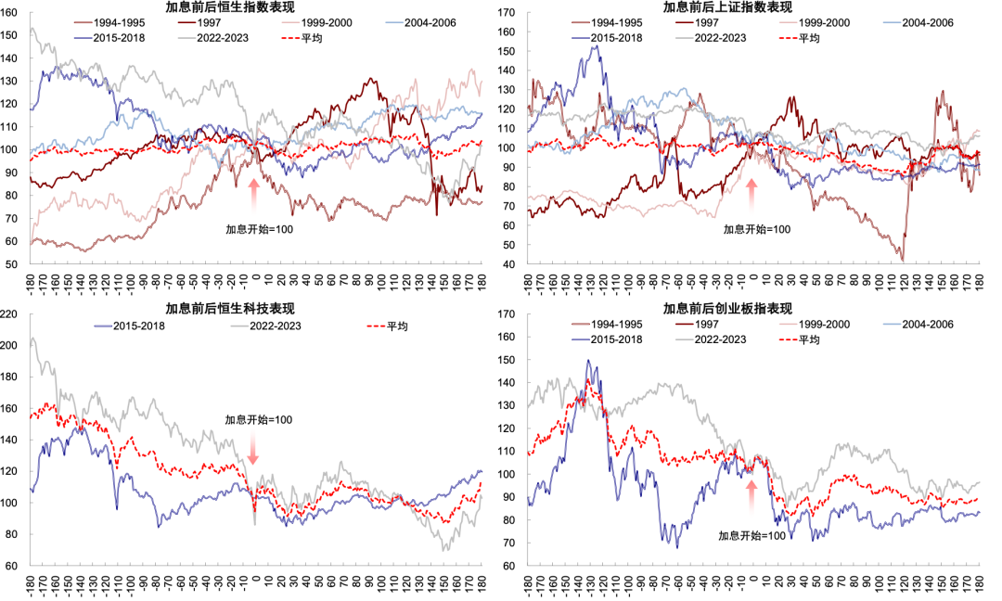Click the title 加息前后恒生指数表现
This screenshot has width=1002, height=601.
click(x=230, y=7)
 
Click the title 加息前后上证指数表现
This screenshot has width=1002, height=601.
click(x=727, y=7)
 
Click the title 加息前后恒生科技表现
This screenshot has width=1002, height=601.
click(x=230, y=309)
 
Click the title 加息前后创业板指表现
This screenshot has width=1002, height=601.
click(x=727, y=309)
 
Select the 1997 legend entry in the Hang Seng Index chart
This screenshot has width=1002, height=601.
click(x=199, y=23)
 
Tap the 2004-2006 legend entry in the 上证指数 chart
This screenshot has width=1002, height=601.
click(x=918, y=23)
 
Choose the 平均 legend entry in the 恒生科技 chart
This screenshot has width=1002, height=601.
click(x=387, y=326)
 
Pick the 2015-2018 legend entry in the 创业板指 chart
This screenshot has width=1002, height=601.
click(x=607, y=339)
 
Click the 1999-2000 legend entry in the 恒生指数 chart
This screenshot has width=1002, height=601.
click(x=317, y=23)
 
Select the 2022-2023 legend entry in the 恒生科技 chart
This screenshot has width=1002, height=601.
click(x=266, y=326)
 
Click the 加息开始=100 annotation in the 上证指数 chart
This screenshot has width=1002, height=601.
click(x=757, y=229)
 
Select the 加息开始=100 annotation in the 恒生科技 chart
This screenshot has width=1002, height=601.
click(x=258, y=419)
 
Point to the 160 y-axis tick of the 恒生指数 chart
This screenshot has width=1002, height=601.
click(x=9, y=13)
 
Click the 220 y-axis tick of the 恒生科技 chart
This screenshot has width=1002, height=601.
click(x=9, y=314)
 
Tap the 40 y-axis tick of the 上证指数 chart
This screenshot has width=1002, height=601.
click(x=508, y=264)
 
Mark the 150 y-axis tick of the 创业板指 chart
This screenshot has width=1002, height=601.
click(x=507, y=360)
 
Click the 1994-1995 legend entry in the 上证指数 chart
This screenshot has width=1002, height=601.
click(x=607, y=23)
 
